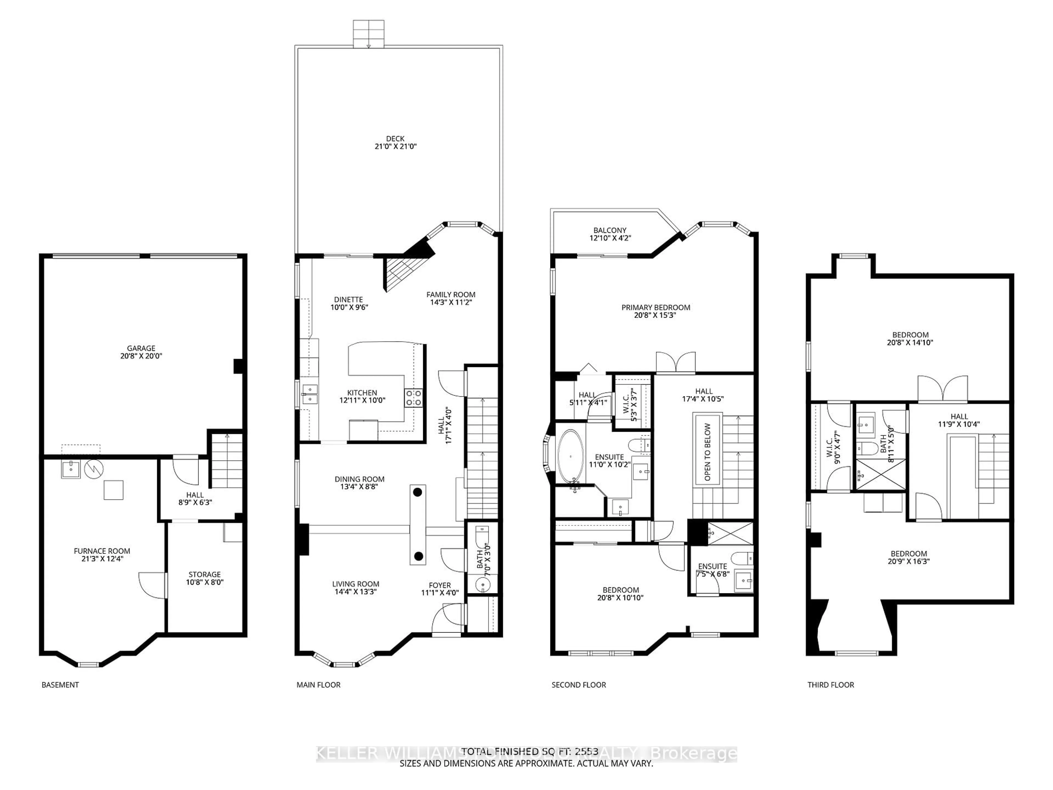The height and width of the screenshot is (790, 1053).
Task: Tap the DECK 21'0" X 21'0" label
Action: point(395,142)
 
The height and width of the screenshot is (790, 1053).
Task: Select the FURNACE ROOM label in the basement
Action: point(102,555)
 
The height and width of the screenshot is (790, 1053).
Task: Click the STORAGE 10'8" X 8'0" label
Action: point(205,578)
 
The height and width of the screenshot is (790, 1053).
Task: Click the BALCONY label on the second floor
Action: point(610,234)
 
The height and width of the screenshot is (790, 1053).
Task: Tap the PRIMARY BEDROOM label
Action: point(655,311)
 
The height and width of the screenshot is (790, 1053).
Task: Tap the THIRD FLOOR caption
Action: point(831,685)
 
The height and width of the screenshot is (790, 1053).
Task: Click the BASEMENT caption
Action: point(60,685)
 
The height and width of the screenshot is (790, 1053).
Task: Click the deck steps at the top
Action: point(369,33)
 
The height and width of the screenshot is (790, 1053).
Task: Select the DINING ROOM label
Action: point(360,483)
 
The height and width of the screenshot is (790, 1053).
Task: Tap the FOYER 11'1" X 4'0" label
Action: point(439,589)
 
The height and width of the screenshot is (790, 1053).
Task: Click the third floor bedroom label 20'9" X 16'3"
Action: point(908,557)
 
